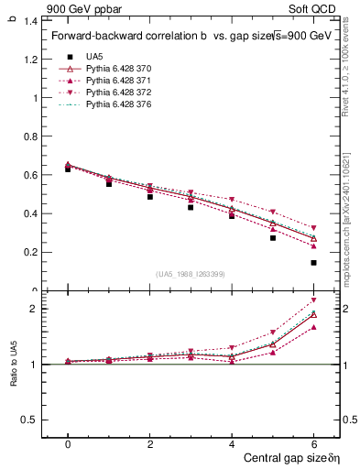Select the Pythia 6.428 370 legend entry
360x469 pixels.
coord(115,69)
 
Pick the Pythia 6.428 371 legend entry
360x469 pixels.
coord(115,81)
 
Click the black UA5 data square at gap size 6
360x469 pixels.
coord(313,263)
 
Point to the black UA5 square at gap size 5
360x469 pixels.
coord(273,238)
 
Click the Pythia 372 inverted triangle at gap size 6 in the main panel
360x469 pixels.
coord(313,228)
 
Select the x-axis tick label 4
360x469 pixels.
coord(232,443)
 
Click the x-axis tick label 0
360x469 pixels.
coord(68,443)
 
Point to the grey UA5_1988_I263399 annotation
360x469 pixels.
coord(191,274)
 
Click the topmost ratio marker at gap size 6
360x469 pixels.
coord(313,300)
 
